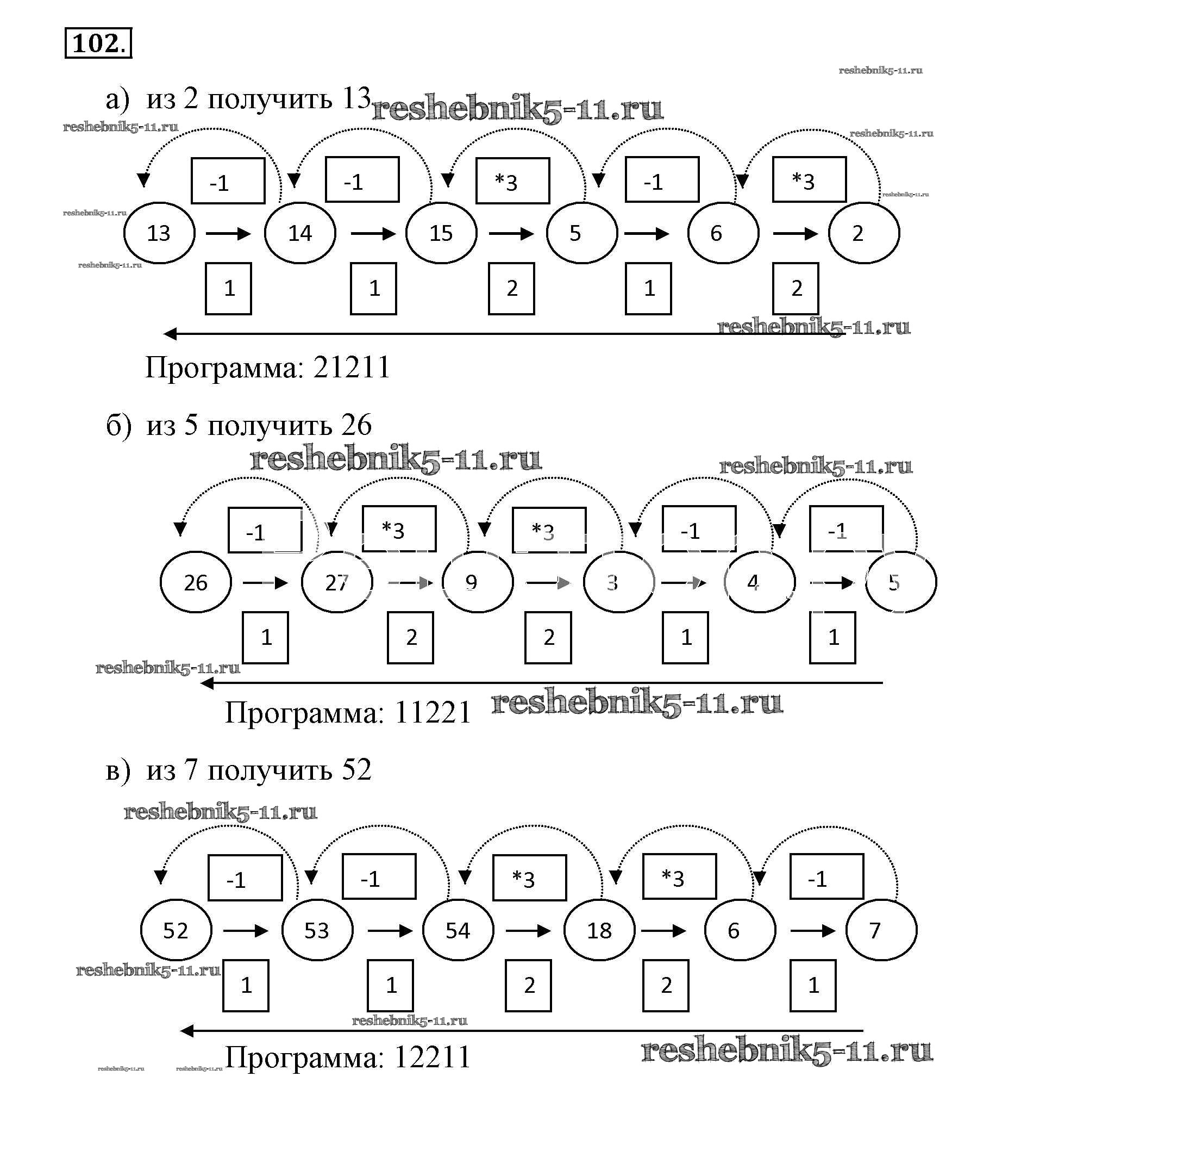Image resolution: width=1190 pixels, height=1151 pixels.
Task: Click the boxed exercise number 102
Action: click(98, 43)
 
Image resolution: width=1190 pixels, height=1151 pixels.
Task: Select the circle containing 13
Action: click(159, 233)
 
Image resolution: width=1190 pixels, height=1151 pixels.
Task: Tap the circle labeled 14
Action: click(300, 233)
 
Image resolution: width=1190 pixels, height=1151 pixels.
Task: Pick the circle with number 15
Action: click(441, 233)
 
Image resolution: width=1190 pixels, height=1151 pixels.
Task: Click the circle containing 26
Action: click(196, 582)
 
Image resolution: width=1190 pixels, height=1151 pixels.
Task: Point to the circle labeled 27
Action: click(337, 582)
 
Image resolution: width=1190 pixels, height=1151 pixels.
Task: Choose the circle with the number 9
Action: click(478, 582)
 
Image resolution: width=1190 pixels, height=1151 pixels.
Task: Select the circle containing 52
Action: click(176, 930)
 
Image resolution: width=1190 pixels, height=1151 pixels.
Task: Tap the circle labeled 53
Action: click(317, 930)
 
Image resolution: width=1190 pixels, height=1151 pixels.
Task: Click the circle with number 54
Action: click(459, 930)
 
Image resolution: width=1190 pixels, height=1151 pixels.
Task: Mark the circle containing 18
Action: click(599, 930)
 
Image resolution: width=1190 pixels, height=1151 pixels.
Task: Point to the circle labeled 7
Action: click(881, 930)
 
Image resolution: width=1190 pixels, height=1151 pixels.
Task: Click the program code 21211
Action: click(352, 368)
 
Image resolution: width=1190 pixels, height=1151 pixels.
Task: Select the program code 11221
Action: click(433, 712)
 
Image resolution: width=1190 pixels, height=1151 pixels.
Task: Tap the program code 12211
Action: click(433, 1057)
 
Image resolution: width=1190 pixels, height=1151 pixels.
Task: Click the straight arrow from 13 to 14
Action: click(228, 233)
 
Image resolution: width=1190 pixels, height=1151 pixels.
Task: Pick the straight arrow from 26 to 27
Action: click(265, 583)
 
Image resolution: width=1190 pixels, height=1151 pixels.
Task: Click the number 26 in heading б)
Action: click(356, 425)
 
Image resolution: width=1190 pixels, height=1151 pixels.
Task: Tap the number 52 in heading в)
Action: click(356, 770)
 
